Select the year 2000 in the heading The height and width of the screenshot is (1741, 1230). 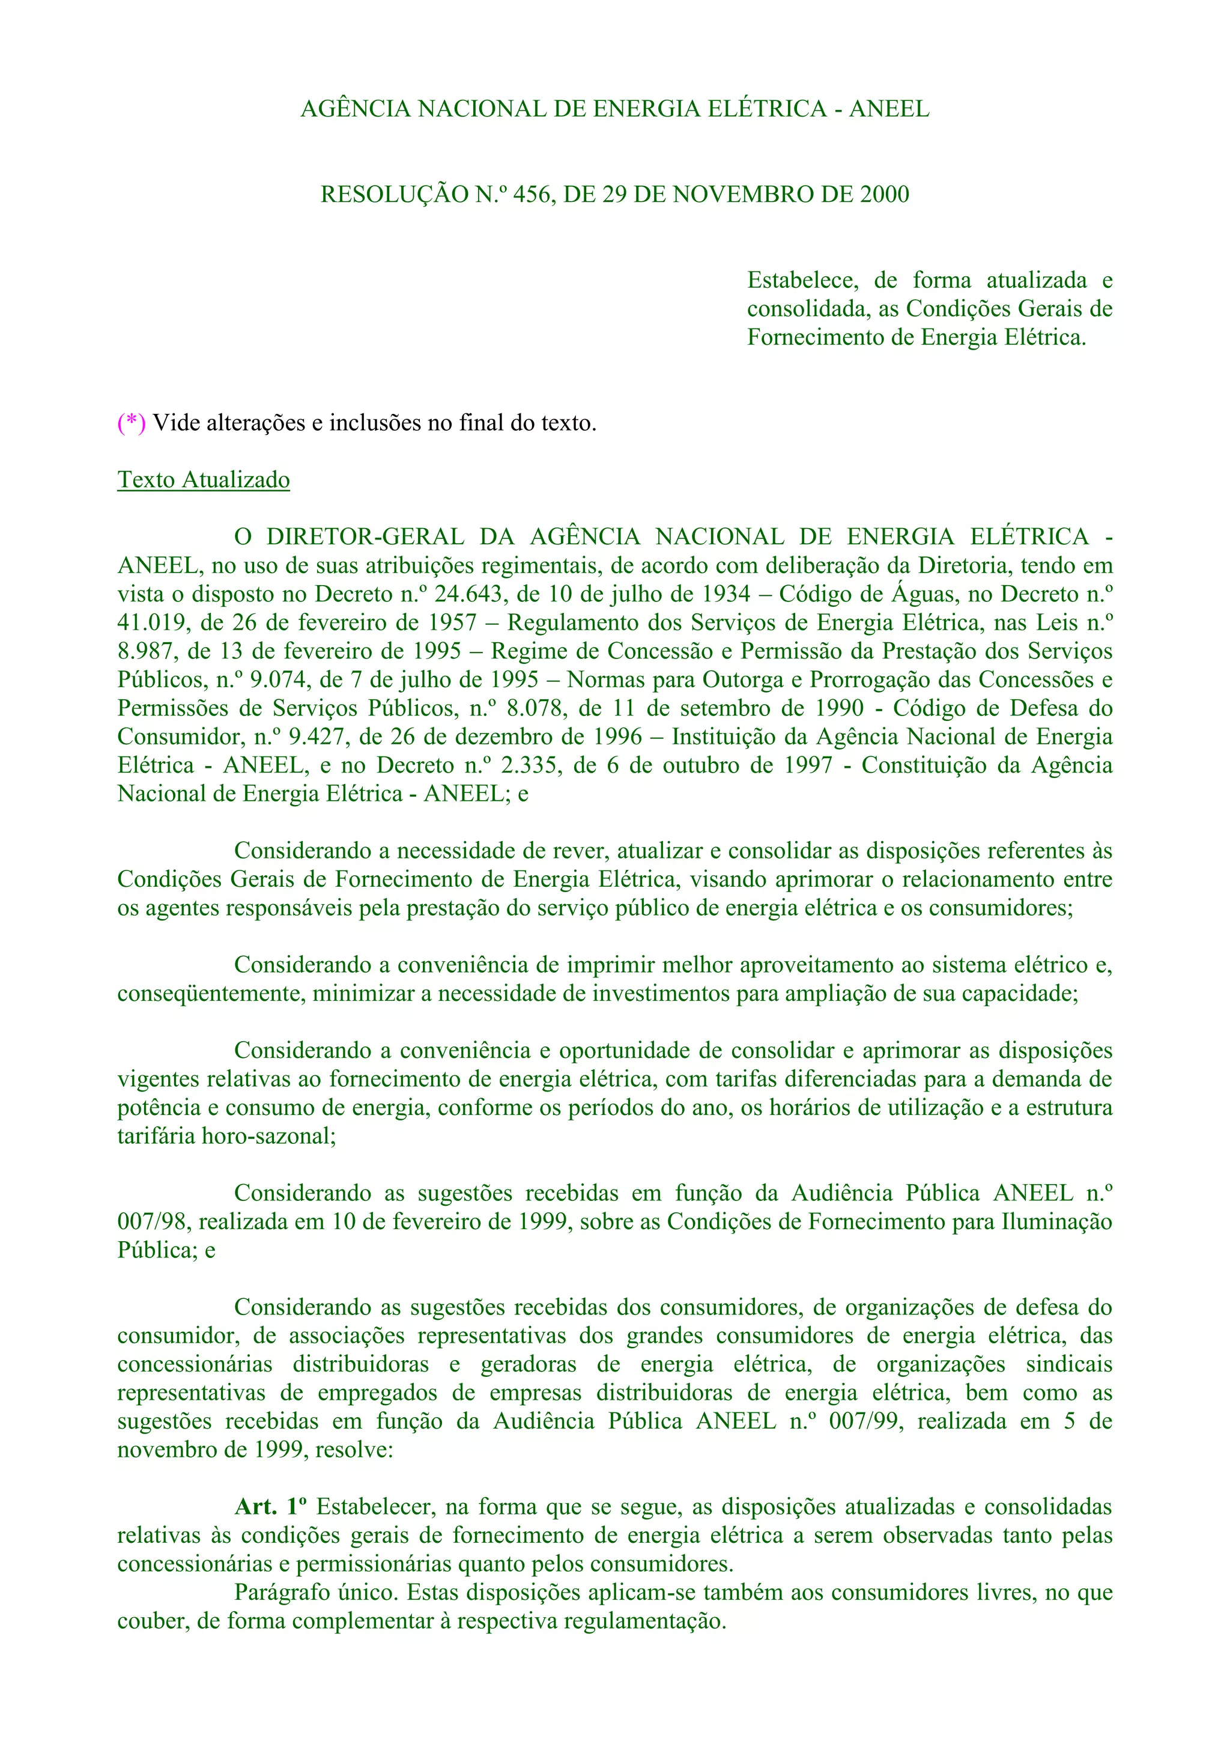(883, 195)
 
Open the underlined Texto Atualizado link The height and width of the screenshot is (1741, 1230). (203, 480)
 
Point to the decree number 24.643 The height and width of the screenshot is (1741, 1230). (468, 594)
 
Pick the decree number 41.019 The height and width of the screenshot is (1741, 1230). (150, 622)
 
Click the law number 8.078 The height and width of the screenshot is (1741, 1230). (536, 708)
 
